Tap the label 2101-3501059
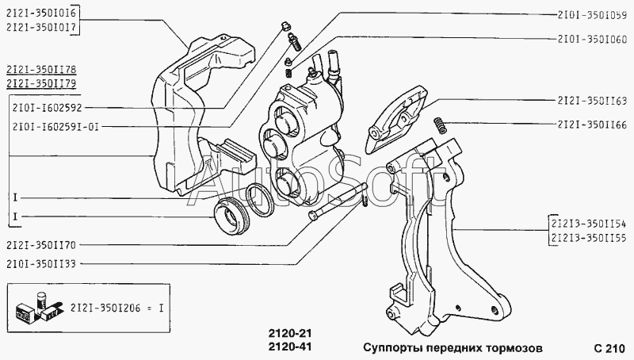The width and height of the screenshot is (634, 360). coord(593,13)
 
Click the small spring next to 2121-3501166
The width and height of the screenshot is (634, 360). coord(440,124)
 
